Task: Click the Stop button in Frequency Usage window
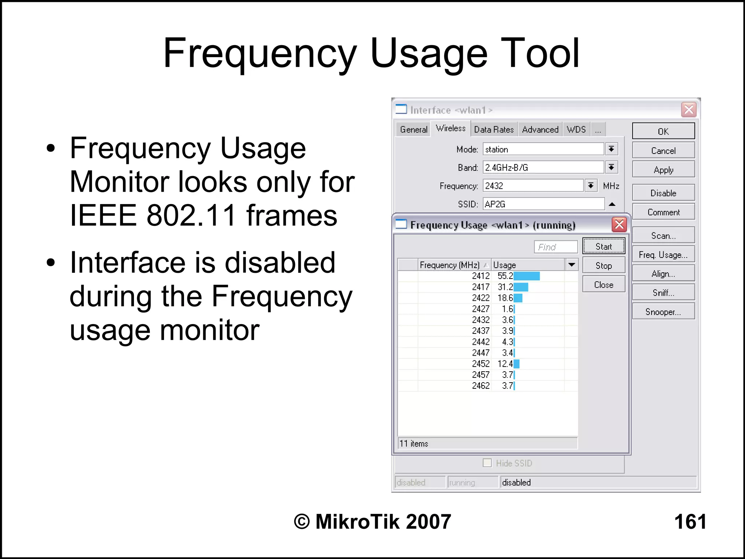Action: click(x=603, y=265)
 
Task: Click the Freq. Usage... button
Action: click(x=663, y=255)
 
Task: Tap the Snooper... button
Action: click(x=663, y=312)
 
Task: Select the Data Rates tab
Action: click(x=494, y=129)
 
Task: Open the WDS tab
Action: click(x=576, y=129)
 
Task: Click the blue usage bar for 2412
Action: click(x=526, y=276)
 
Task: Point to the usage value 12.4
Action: click(x=505, y=364)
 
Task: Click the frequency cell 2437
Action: click(x=481, y=331)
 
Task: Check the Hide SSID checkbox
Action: click(x=487, y=463)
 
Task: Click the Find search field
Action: click(x=555, y=247)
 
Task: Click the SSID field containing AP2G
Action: click(x=543, y=204)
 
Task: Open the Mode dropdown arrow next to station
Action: click(x=611, y=149)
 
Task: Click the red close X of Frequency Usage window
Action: click(x=619, y=224)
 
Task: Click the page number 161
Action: click(x=690, y=522)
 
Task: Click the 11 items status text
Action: click(x=414, y=443)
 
